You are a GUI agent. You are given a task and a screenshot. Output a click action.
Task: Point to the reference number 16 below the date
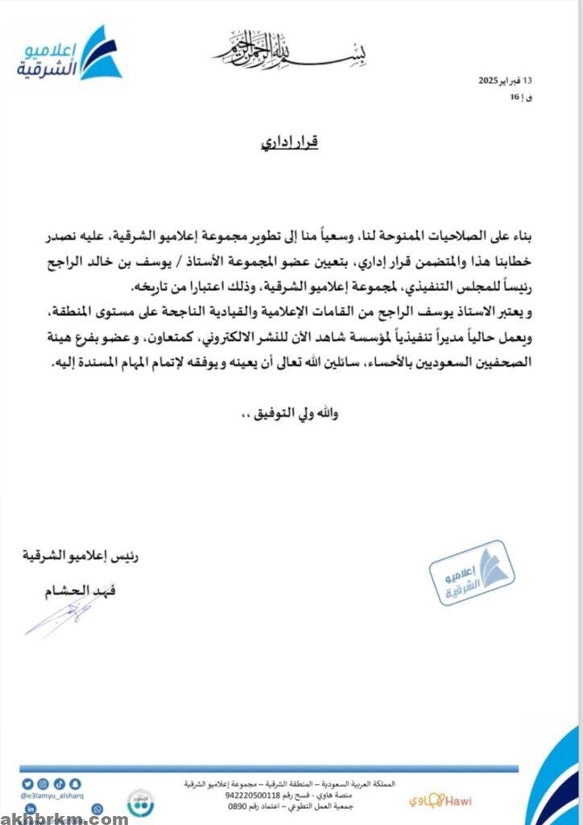click(x=515, y=97)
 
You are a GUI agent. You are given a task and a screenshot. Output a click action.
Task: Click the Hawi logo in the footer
click(x=444, y=801)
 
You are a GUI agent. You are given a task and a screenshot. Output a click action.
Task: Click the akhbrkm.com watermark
click(x=64, y=818)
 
